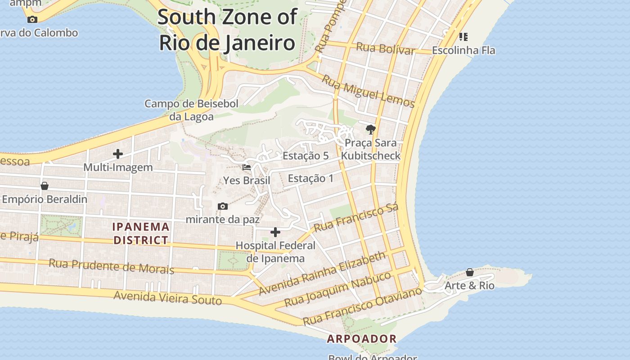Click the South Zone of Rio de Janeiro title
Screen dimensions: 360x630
[x=227, y=30]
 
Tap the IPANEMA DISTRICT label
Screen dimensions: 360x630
[x=141, y=234]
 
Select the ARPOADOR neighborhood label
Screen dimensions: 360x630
[x=362, y=339]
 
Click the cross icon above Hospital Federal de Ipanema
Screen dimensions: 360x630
[x=275, y=232]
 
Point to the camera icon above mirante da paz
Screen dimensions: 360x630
[x=223, y=206]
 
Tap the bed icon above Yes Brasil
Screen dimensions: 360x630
[x=247, y=167]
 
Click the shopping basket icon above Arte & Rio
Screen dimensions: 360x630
[x=469, y=272]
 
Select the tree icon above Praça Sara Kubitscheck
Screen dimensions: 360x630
[x=370, y=130]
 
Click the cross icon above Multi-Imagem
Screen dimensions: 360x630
[x=118, y=154]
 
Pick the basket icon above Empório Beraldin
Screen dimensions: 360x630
[x=45, y=185]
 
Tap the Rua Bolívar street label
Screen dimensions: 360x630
[x=385, y=48]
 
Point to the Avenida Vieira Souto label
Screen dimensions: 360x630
[x=167, y=298]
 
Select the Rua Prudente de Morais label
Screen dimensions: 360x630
[x=111, y=266]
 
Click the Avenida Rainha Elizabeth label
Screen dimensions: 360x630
[x=323, y=273]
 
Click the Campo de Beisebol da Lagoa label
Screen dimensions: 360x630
[x=191, y=110]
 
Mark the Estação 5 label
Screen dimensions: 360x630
[x=306, y=156]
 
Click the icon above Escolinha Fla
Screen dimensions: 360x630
[x=463, y=36]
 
